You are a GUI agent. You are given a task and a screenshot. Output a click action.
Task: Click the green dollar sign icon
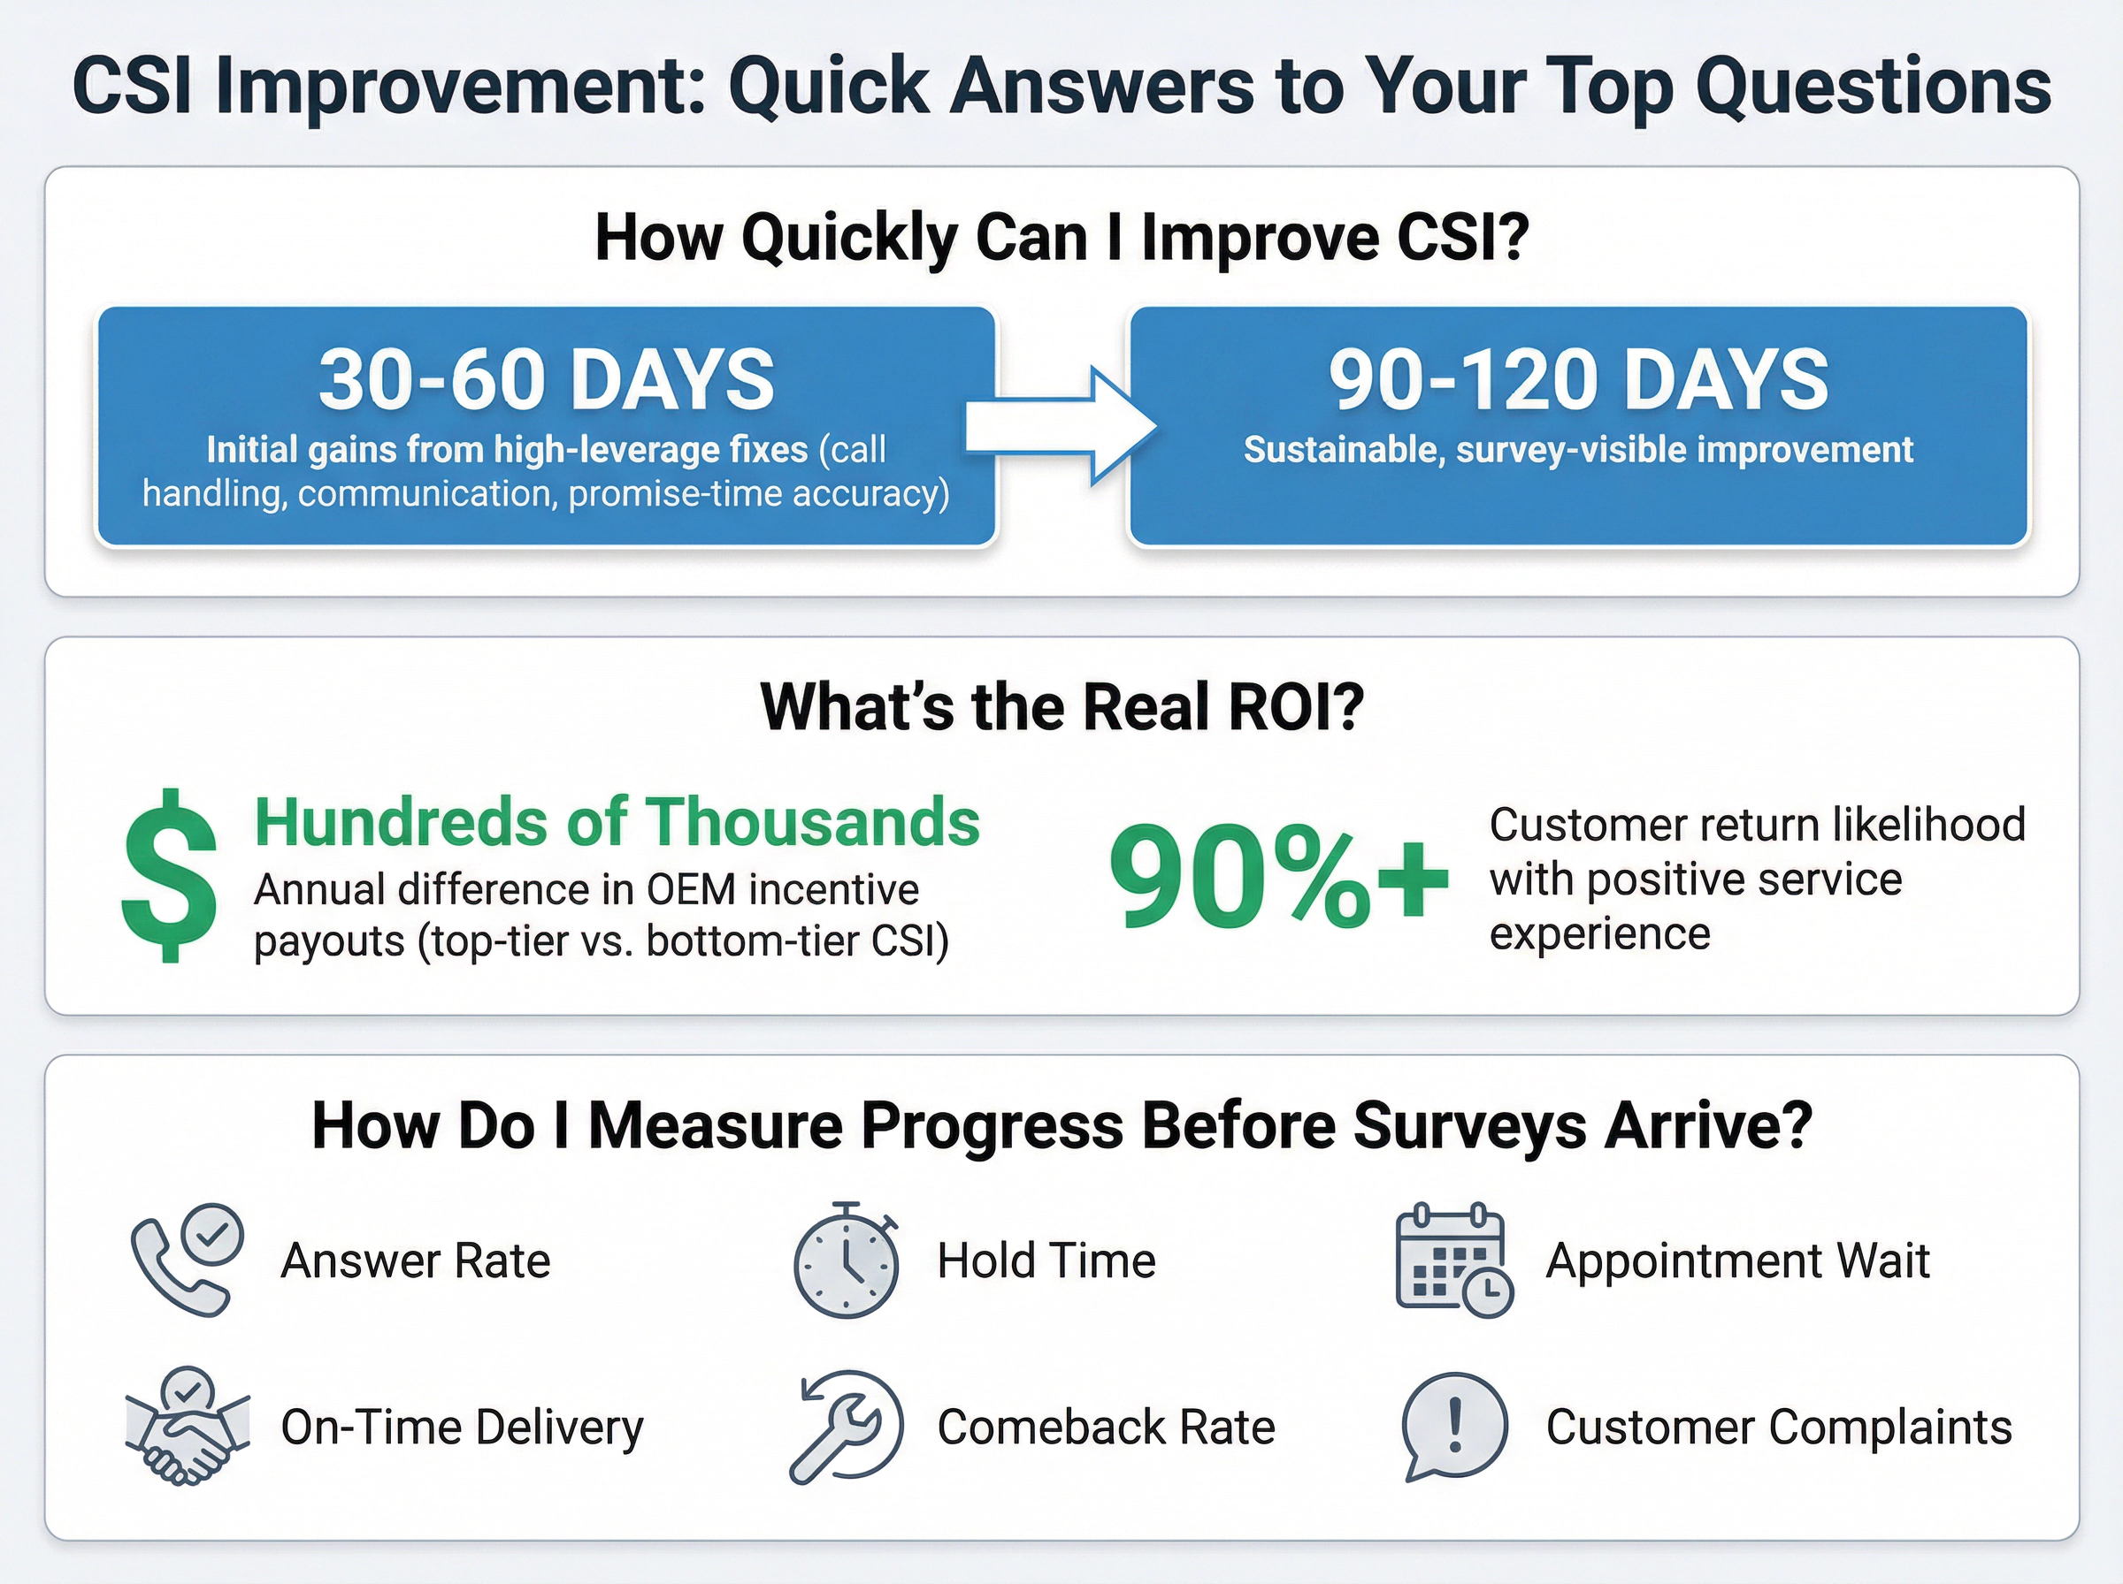click(169, 875)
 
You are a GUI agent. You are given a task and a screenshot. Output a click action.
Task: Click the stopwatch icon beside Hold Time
click(845, 1260)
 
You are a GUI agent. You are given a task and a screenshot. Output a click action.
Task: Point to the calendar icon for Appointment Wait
click(1452, 1260)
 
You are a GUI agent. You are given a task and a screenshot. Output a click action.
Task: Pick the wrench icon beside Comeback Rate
click(845, 1427)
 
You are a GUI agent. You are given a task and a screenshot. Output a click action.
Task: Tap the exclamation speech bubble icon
click(1453, 1427)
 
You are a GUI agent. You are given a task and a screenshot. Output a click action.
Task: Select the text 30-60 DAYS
click(546, 380)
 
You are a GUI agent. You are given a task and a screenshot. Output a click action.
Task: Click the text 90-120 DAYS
click(1578, 380)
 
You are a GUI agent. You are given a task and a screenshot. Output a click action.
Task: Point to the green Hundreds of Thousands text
click(617, 822)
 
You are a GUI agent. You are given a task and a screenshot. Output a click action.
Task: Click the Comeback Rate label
click(1106, 1427)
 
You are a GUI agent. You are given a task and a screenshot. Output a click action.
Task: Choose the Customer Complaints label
click(1779, 1427)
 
